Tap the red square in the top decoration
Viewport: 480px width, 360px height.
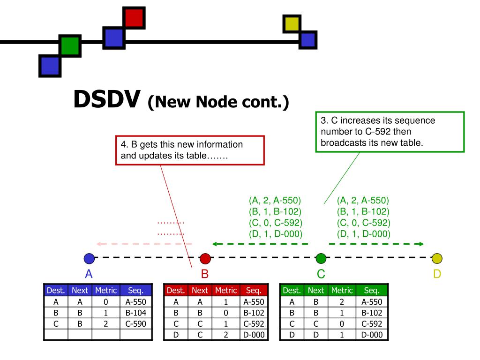click(134, 18)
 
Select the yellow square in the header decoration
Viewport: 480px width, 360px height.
click(292, 24)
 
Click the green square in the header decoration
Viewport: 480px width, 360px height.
click(70, 45)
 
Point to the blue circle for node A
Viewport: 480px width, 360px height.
click(89, 258)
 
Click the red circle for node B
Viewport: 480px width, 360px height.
click(205, 258)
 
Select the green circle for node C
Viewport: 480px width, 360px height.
click(321, 258)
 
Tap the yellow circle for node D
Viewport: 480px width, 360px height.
click(437, 258)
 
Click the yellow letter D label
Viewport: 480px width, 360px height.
click(437, 274)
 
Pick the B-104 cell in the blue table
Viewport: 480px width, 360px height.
click(136, 313)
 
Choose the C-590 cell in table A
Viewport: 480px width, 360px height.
click(136, 323)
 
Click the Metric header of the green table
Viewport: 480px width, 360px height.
click(343, 291)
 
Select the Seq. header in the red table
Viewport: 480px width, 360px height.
click(254, 291)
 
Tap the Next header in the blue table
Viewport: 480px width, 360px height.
click(80, 291)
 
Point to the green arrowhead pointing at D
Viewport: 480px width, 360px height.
click(420, 244)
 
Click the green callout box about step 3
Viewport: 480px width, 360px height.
click(390, 132)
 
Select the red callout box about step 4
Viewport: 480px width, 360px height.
click(190, 150)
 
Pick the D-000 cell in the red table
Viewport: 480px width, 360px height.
click(254, 334)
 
